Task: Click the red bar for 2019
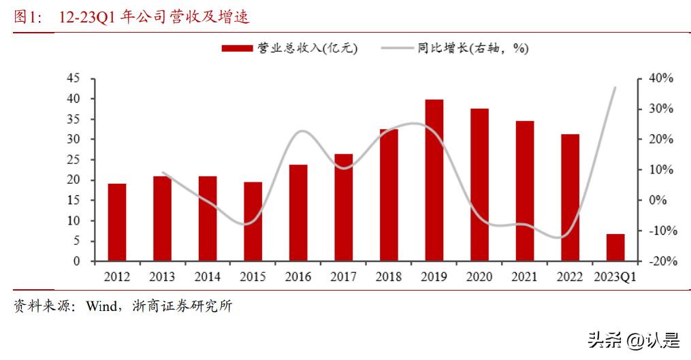tap(434, 180)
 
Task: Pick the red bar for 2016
tap(298, 213)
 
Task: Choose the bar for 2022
tap(570, 197)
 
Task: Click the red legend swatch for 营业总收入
tap(238, 48)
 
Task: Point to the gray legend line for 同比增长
tap(398, 48)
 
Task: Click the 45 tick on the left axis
tap(72, 78)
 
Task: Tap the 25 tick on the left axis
tap(72, 160)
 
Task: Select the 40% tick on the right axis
tap(660, 78)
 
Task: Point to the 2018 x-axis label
tap(388, 277)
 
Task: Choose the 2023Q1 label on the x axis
tap(615, 277)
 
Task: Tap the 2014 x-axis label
tap(207, 277)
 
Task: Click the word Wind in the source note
tap(101, 306)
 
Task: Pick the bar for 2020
tap(479, 184)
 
